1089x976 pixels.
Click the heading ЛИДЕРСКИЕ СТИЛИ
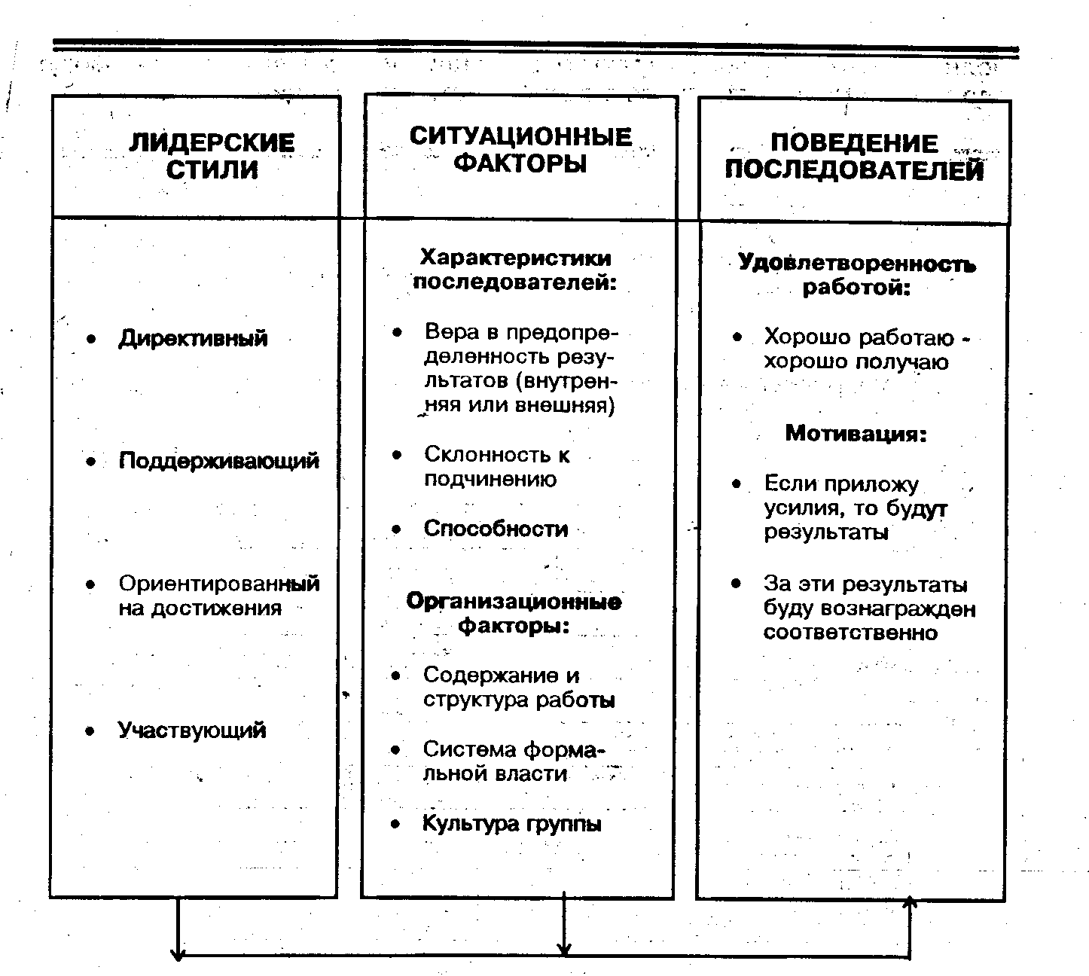212,157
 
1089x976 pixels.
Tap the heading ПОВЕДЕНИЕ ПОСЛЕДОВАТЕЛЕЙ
854,157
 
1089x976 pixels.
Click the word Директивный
193,338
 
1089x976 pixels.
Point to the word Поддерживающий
218,461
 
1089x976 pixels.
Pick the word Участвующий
192,730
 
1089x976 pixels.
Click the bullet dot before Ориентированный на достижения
91,584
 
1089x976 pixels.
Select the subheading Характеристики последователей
515,270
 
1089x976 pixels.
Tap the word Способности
496,529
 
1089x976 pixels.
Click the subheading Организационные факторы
514,613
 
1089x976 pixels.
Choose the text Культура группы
512,823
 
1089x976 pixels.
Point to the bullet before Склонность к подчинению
397,456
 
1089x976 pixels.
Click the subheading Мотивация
856,434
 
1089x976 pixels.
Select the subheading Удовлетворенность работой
856,275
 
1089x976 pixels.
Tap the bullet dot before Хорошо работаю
737,338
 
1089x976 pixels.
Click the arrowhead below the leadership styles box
178,953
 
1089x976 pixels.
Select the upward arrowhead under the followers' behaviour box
911,902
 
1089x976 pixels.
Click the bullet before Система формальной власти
396,750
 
